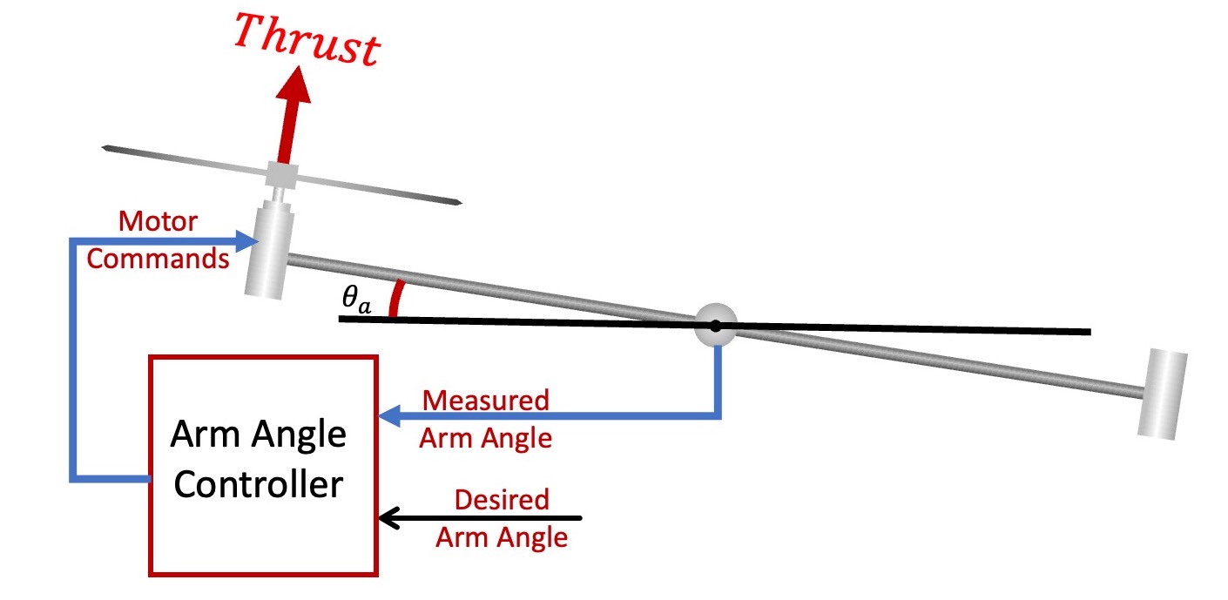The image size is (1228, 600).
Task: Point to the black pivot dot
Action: coord(715,326)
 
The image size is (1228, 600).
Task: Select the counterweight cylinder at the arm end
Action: coord(1163,392)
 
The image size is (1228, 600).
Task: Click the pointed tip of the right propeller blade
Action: coord(458,204)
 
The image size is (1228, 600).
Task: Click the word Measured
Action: coord(485,401)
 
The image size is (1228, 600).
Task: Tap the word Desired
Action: coord(503,500)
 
